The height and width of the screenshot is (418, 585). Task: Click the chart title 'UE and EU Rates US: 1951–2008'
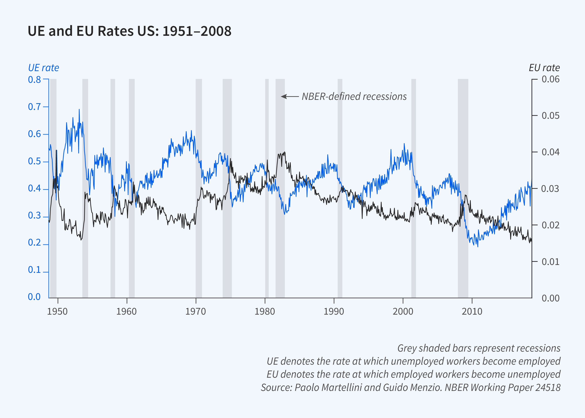click(x=129, y=31)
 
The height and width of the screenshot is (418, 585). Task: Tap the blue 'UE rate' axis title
click(x=43, y=68)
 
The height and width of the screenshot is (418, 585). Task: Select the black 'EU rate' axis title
click(x=544, y=68)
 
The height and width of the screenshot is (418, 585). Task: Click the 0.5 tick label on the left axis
click(x=34, y=161)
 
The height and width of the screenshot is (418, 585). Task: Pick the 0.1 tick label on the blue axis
click(x=34, y=270)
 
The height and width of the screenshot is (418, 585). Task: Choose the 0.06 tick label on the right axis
click(x=551, y=79)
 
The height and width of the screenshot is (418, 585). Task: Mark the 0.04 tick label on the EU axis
click(x=551, y=152)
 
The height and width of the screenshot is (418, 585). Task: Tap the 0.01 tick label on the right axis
click(x=551, y=262)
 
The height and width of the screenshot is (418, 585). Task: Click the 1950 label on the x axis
click(x=57, y=312)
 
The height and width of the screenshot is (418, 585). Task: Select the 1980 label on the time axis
click(x=265, y=312)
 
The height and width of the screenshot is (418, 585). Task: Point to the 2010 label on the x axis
click(x=472, y=312)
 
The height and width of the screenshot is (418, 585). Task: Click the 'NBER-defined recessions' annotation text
click(x=354, y=97)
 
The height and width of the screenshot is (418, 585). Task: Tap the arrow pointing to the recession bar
click(x=289, y=97)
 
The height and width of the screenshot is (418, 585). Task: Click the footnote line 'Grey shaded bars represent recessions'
click(x=479, y=348)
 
